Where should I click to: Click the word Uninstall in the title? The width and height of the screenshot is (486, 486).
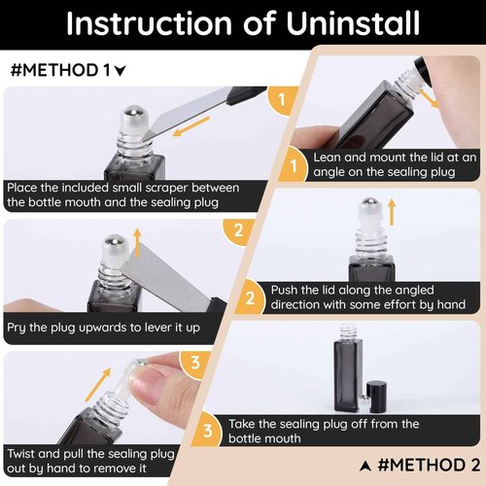point(353,23)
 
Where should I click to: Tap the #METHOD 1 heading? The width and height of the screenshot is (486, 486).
point(60,70)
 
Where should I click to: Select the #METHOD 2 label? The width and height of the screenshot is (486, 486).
point(429,465)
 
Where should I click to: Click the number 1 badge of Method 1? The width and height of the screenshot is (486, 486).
point(282,100)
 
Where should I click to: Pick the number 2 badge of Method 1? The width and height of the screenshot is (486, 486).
point(239,230)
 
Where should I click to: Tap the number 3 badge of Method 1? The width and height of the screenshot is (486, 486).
point(194,363)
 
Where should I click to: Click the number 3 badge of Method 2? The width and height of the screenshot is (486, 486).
point(208,431)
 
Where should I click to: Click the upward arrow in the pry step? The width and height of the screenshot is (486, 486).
point(137,243)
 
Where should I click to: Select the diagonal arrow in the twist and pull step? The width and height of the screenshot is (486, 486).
point(98,385)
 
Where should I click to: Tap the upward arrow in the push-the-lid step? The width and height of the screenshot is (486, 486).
point(392,212)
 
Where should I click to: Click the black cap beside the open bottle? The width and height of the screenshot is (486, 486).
point(377,398)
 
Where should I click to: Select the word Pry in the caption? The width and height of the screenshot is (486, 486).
point(17,328)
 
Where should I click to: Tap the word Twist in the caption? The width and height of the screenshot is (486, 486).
point(21,454)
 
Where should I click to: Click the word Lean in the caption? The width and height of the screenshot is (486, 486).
point(327,157)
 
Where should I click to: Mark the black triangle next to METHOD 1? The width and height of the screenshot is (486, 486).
point(120,71)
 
